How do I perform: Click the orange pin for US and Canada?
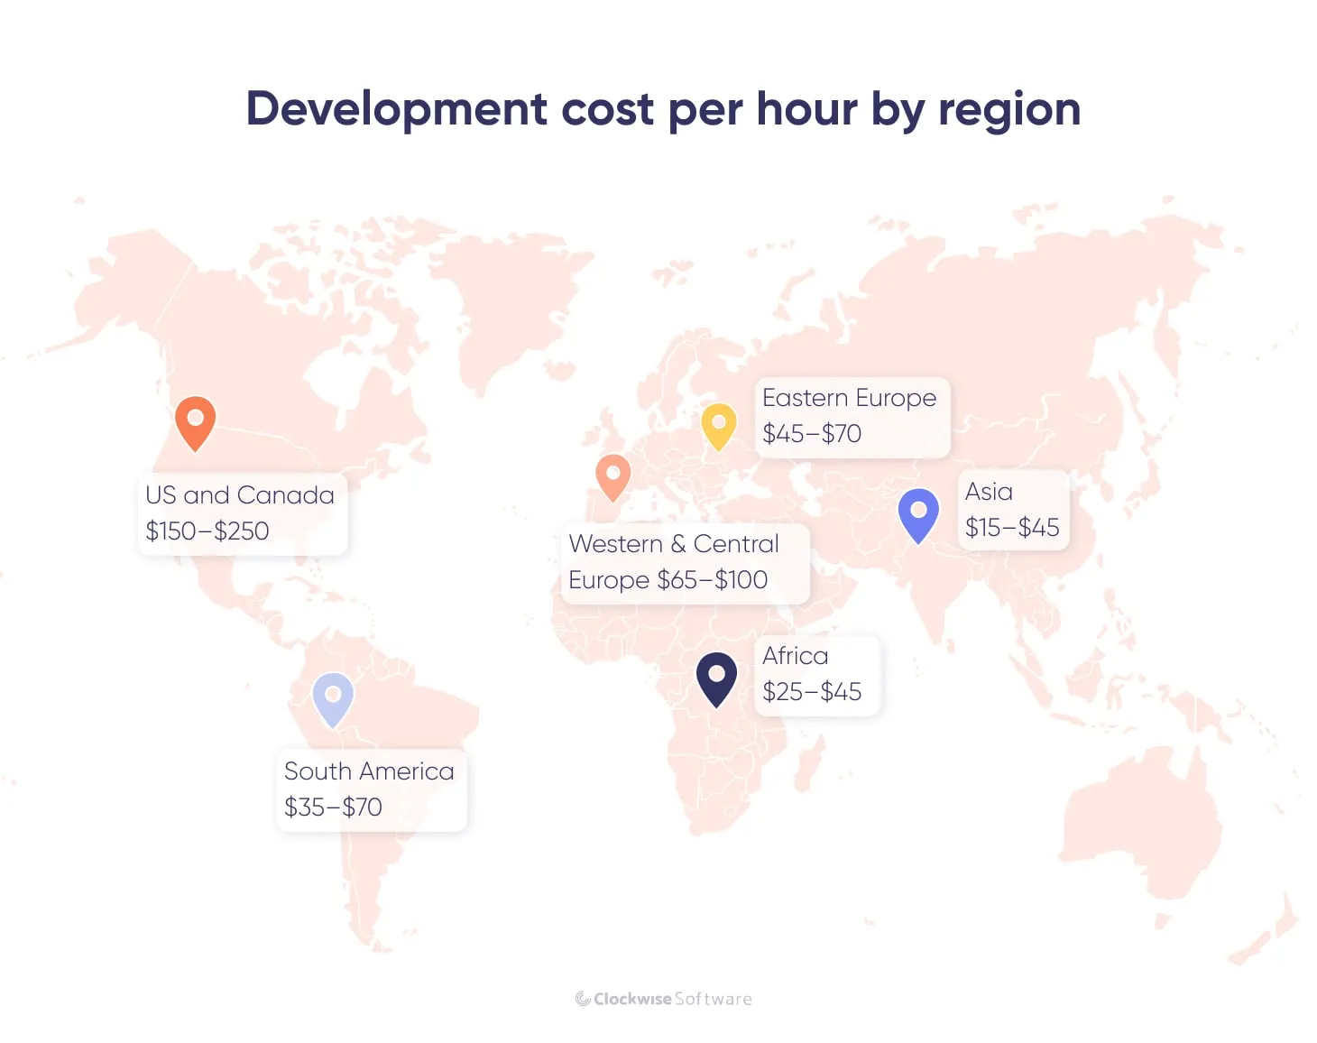(x=195, y=420)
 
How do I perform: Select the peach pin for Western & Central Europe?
(x=612, y=475)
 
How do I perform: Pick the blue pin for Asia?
(x=918, y=512)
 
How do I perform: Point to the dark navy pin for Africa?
(x=716, y=677)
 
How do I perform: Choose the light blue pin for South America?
(x=333, y=697)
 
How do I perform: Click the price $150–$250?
(x=207, y=531)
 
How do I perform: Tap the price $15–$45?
(x=1012, y=528)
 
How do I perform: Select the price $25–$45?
(x=812, y=692)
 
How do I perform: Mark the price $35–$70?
(x=333, y=808)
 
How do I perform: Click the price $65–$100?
(x=713, y=580)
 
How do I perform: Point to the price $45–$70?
(x=812, y=434)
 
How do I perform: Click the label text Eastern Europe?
(x=849, y=398)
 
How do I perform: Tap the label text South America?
(x=369, y=771)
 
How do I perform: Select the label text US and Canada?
(x=240, y=495)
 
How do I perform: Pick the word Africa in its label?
(x=795, y=656)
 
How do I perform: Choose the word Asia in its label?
(x=989, y=492)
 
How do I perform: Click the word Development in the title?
(x=397, y=109)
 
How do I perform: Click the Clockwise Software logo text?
(x=665, y=999)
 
